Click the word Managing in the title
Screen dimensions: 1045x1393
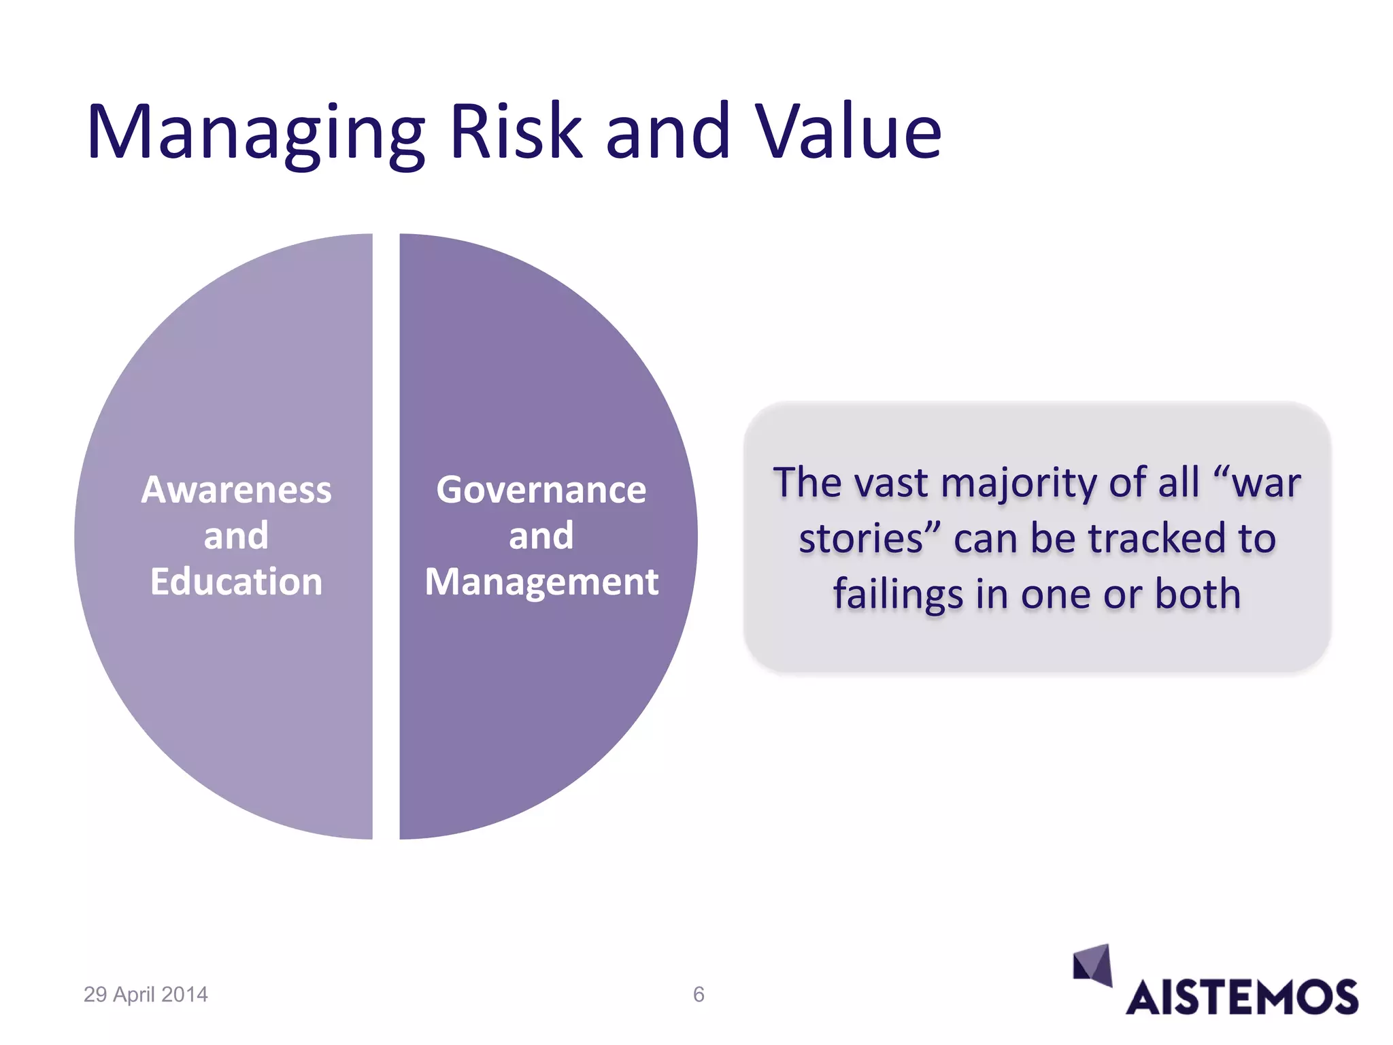256,133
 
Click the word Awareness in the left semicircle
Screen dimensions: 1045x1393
236,490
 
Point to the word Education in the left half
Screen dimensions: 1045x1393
236,582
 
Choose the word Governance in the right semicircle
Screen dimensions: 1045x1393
541,490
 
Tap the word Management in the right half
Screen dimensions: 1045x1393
541,582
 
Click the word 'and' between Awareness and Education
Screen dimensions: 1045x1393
236,536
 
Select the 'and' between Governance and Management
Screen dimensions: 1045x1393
541,536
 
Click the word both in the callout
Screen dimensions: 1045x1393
1198,595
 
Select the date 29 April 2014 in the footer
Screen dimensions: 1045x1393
146,995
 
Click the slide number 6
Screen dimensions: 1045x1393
699,995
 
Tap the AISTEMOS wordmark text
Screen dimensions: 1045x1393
1242,998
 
